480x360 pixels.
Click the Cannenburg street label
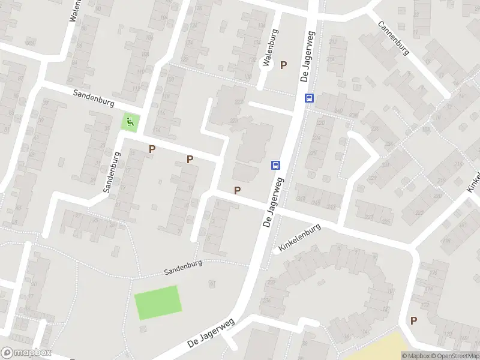pos(394,38)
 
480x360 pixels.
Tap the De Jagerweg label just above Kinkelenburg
pos(273,202)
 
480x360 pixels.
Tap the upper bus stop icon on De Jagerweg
pos(309,98)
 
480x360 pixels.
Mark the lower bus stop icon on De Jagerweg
pos(275,165)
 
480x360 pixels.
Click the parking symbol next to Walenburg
pos(284,65)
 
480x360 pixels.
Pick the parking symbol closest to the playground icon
pos(152,149)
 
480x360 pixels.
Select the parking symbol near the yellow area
pos(413,320)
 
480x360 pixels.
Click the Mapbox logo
pos(26,353)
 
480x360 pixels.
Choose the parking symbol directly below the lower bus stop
pos(238,190)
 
